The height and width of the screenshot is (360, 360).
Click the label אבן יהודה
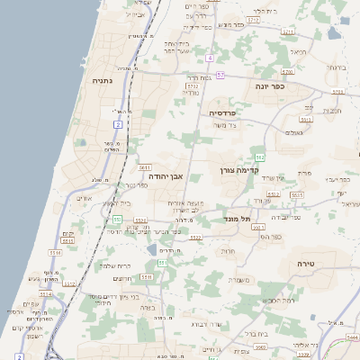pyautogui.click(x=166, y=175)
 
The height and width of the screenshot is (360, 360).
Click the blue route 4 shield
pyautogui.click(x=209, y=58)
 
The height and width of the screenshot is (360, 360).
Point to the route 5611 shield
pyautogui.click(x=144, y=167)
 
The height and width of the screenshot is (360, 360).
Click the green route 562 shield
pyautogui.click(x=283, y=157)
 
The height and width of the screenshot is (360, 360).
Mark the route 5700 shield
pyautogui.click(x=287, y=70)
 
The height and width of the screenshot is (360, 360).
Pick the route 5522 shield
pyautogui.click(x=195, y=238)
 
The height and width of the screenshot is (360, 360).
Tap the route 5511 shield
pyautogui.click(x=146, y=277)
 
